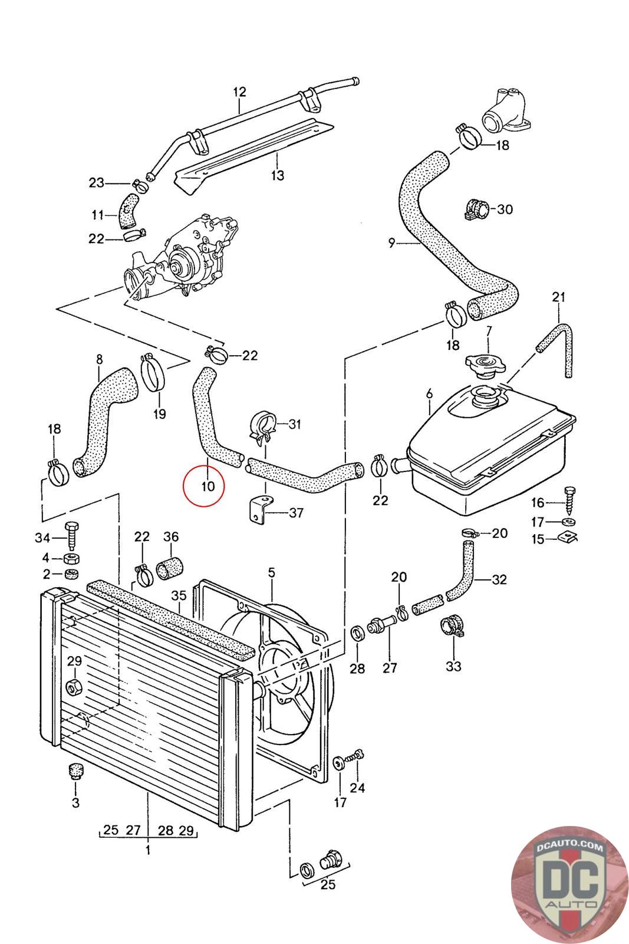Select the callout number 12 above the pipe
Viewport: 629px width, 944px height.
(x=239, y=93)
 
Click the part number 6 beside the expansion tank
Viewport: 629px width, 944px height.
(x=429, y=393)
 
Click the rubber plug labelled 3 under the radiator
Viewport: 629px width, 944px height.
(x=75, y=771)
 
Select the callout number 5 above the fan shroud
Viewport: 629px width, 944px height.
(x=271, y=572)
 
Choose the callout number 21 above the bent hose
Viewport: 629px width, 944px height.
(x=559, y=297)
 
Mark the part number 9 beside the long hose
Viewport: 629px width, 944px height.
(x=391, y=242)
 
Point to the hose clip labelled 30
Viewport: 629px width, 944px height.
(x=476, y=209)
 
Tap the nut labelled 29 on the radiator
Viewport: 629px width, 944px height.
(x=74, y=686)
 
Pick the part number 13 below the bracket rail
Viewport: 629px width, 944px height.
(x=277, y=175)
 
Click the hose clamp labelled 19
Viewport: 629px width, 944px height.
(x=154, y=373)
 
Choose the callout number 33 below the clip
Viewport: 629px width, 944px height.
(x=453, y=667)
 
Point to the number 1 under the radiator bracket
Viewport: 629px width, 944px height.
(x=147, y=850)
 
